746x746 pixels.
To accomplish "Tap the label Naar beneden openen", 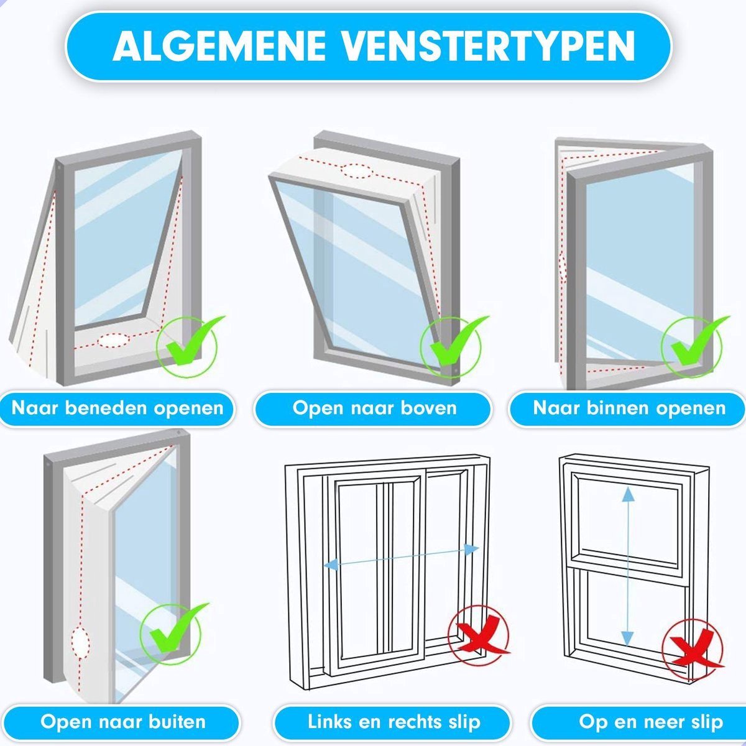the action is pos(117,408).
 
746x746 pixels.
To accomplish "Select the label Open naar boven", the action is pos(374,408).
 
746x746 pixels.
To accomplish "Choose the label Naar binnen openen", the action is pos(630,408).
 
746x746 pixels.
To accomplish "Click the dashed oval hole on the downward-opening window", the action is pos(113,340).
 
